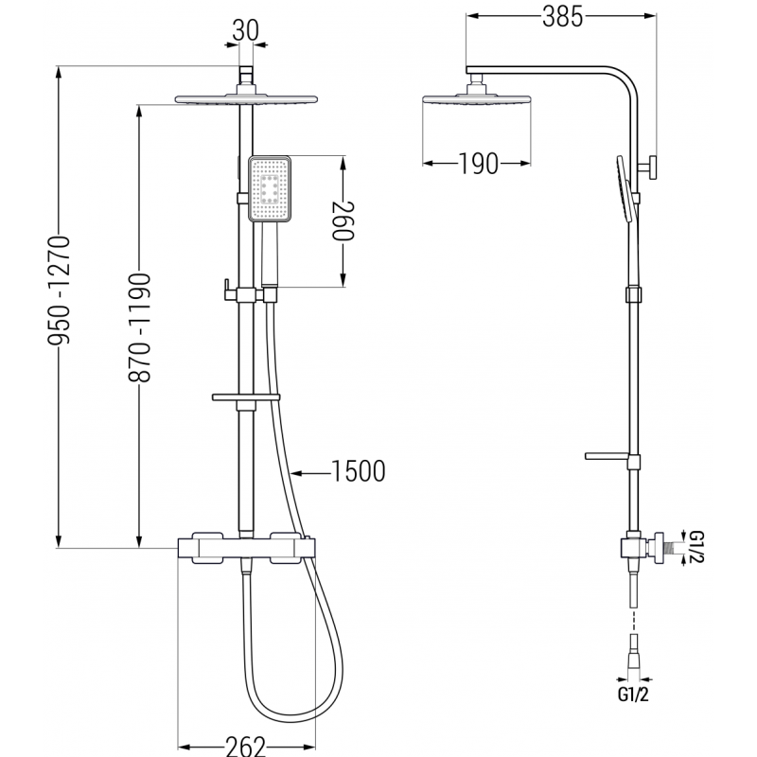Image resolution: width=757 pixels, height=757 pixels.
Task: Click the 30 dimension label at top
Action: click(246, 30)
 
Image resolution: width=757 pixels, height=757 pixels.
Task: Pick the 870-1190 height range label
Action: click(139, 326)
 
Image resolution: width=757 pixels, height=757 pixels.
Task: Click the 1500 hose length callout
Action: click(358, 470)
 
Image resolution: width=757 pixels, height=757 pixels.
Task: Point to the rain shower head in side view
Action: click(467, 100)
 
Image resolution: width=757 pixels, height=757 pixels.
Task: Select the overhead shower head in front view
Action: click(246, 98)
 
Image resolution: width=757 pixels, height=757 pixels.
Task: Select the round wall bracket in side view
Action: click(652, 167)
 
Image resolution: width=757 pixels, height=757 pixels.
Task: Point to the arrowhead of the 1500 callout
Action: click(296, 470)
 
